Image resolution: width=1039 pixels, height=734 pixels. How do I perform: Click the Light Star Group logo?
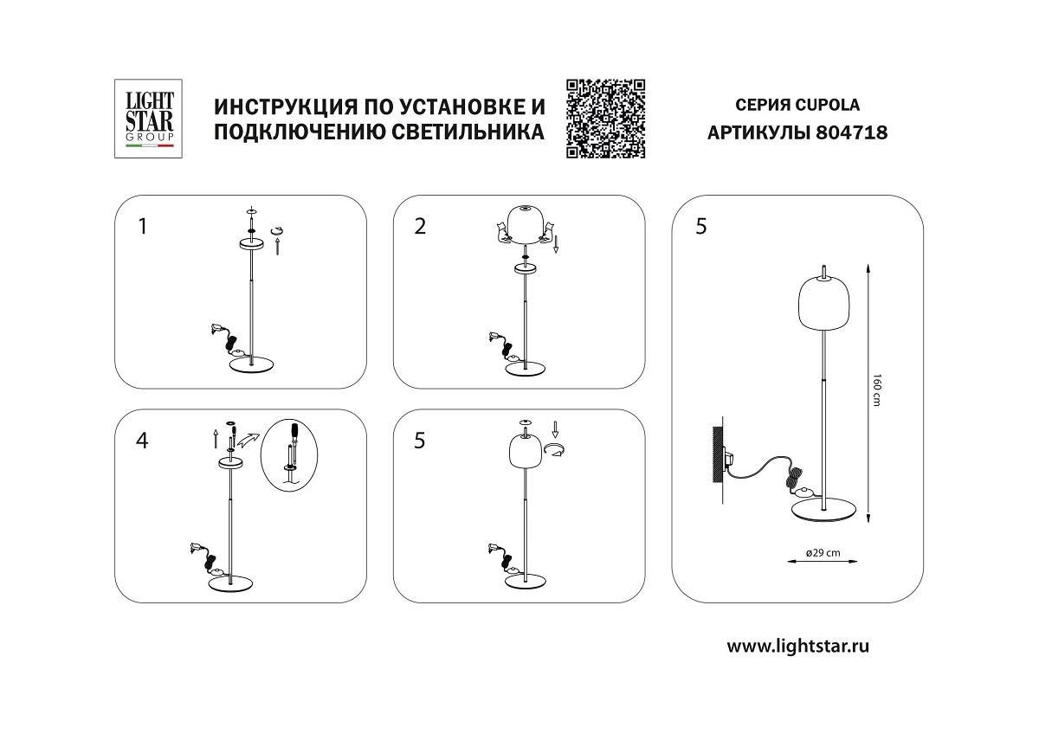[145, 119]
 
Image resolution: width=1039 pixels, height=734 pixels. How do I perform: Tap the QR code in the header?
[606, 119]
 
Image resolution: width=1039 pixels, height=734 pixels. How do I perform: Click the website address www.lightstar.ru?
[797, 645]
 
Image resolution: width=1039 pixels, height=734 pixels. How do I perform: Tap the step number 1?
[143, 227]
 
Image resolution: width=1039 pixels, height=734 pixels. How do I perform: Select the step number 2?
[421, 227]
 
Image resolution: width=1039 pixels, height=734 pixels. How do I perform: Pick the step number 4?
[143, 441]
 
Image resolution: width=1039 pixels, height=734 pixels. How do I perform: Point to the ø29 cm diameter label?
[823, 553]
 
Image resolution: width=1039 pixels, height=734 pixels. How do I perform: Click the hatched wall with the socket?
[718, 454]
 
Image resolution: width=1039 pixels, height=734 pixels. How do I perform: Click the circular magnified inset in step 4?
[290, 454]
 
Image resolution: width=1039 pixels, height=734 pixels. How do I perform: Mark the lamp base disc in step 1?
[251, 364]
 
